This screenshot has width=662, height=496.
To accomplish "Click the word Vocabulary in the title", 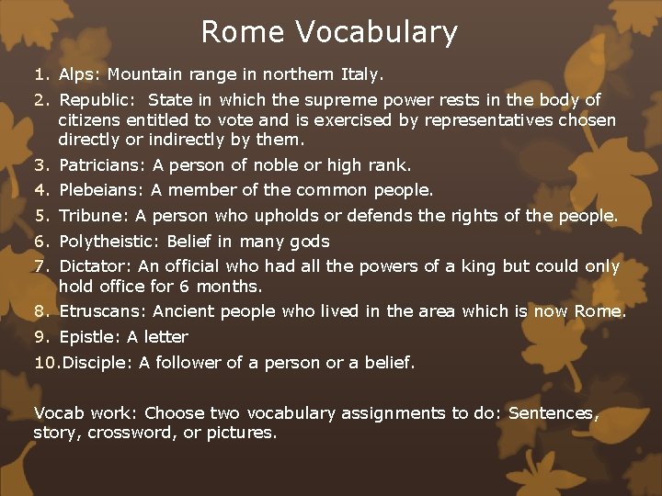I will tap(377, 33).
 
